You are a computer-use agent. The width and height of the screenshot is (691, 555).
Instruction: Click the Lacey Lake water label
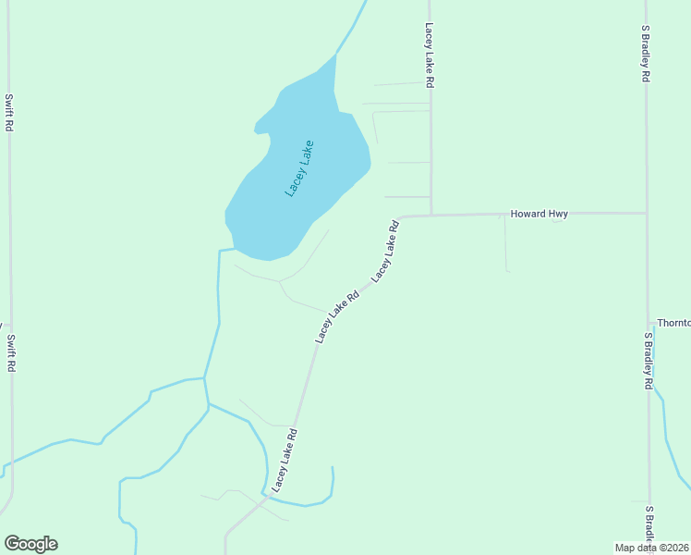(300, 167)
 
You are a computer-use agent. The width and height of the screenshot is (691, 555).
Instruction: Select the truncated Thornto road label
(673, 323)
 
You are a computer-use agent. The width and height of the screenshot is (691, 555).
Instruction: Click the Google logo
(30, 543)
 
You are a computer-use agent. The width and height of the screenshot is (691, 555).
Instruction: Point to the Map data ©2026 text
(651, 548)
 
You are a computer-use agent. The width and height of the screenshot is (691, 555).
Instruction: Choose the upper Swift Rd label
(8, 112)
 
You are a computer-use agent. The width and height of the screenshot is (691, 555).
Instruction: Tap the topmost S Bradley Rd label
(646, 55)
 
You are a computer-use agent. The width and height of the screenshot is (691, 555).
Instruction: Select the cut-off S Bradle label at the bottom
(649, 527)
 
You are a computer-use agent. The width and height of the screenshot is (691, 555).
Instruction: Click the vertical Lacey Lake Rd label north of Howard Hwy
(430, 55)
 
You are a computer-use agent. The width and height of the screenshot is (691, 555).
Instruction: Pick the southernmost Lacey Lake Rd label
(284, 459)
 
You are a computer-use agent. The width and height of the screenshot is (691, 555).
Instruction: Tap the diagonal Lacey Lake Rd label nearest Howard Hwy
(385, 251)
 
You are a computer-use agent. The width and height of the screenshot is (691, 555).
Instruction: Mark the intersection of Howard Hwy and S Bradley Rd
(647, 213)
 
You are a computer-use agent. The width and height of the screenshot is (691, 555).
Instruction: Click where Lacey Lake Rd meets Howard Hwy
(431, 215)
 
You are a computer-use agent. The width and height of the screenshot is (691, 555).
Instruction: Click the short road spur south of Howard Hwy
(505, 242)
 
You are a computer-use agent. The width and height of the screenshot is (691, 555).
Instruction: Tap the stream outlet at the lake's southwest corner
(225, 250)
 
